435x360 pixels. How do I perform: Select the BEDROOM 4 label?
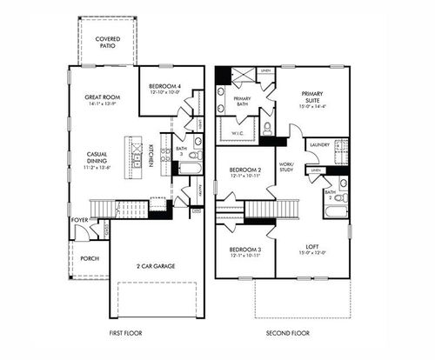[164, 86]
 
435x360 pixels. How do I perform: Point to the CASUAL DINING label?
[97, 158]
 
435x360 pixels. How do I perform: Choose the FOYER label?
[80, 220]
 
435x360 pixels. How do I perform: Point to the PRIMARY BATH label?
[243, 103]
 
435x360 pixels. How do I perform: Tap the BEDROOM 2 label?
[245, 170]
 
